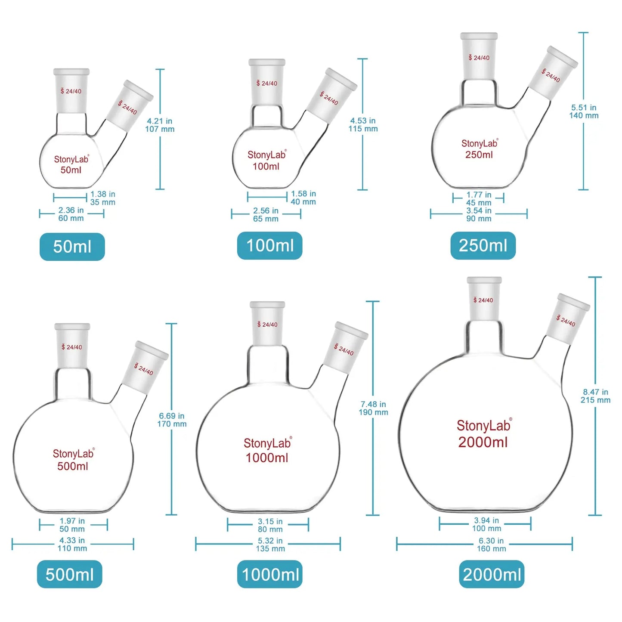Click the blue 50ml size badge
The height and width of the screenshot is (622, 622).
72,247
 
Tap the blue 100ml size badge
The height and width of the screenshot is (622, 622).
269,246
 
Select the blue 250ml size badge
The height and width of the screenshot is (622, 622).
483,246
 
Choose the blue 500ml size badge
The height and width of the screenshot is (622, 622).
70,574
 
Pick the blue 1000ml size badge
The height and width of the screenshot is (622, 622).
270,574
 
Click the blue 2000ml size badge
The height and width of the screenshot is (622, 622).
492,574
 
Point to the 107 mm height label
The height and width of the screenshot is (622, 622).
160,129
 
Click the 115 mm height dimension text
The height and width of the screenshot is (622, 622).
363,129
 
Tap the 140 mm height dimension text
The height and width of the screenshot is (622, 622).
584,115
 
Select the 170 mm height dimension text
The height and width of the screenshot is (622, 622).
172,424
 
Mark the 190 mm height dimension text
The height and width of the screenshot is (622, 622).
373,412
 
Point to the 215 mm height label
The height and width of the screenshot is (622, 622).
595,400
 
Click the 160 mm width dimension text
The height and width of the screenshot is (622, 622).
491,548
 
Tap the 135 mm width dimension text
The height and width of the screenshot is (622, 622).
270,548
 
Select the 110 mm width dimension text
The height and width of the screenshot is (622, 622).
72,548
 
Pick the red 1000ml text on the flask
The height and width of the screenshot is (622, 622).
267,458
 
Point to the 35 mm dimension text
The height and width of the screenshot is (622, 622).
103,202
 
